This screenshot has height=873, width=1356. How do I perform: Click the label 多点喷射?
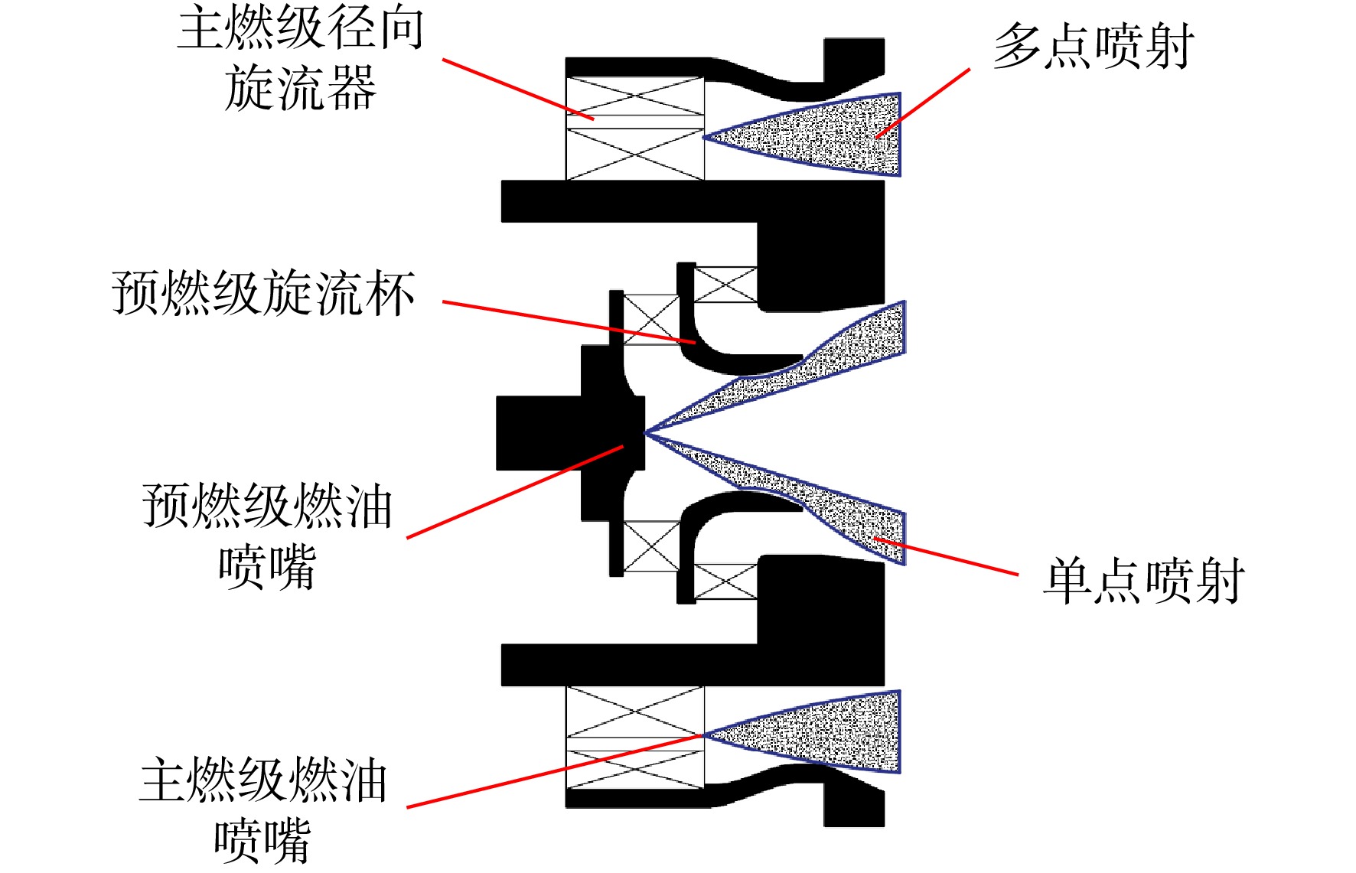(1094, 46)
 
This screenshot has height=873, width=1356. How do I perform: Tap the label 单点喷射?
(1144, 581)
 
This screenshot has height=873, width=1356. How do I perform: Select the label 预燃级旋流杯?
(263, 293)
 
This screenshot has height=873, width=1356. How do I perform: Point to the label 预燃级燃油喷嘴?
(267, 536)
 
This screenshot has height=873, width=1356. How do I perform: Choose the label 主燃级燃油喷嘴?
(263, 810)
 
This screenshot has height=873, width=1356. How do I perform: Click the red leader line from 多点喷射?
(923, 103)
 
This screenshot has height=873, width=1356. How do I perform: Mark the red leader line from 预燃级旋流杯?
(569, 322)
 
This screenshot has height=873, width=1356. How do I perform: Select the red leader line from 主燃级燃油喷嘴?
(555, 771)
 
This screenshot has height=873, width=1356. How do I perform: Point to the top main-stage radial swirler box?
(634, 129)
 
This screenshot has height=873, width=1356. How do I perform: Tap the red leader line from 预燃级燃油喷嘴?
(515, 492)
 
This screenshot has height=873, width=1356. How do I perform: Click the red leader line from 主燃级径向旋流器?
(518, 90)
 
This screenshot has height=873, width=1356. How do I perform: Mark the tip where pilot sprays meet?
(646, 433)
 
